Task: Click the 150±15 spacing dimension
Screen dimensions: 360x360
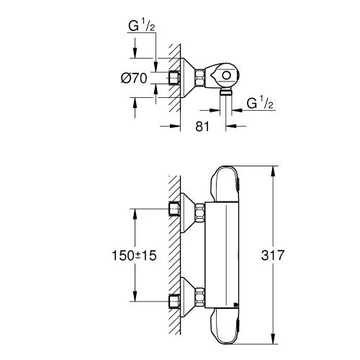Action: click(x=135, y=254)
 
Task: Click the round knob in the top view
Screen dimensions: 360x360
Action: click(x=226, y=74)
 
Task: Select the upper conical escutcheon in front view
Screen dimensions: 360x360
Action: click(x=192, y=211)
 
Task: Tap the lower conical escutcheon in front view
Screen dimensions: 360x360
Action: click(x=192, y=298)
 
